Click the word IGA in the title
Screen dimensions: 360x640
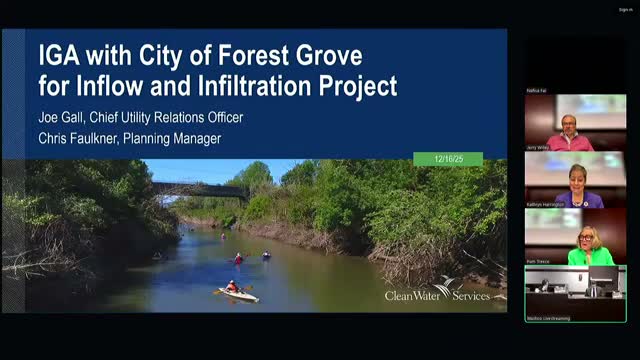click(x=62, y=54)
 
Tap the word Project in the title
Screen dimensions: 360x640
click(x=352, y=85)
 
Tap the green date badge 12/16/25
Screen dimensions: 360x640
click(x=447, y=159)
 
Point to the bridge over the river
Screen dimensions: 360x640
click(x=200, y=188)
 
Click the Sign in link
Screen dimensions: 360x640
click(x=624, y=10)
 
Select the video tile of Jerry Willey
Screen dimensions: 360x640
click(x=575, y=123)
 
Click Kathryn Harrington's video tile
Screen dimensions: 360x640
click(x=575, y=180)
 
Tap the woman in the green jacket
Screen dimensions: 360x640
click(x=589, y=249)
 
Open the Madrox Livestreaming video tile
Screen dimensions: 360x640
click(x=575, y=292)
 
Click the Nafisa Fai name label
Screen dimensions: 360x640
click(x=537, y=90)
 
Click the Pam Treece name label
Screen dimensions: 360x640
click(x=538, y=261)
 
